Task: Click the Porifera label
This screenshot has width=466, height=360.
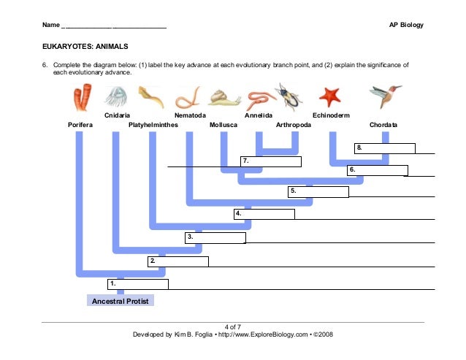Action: click(x=80, y=125)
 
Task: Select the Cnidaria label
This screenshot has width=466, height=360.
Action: click(x=118, y=115)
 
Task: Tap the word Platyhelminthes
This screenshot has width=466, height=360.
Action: click(x=153, y=125)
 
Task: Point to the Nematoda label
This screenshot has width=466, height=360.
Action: click(x=190, y=115)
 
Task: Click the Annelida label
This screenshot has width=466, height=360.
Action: click(x=259, y=115)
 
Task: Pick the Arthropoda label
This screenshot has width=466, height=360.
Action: click(x=294, y=125)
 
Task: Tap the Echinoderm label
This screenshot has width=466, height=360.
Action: click(x=332, y=115)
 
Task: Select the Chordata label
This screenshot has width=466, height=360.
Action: click(x=383, y=125)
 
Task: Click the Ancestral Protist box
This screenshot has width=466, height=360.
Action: click(x=121, y=300)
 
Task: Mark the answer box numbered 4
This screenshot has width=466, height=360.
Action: click(x=264, y=214)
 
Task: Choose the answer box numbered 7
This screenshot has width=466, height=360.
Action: click(x=271, y=161)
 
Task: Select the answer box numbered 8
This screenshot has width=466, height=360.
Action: click(x=385, y=148)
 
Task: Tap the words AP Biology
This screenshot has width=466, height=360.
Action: click(x=407, y=26)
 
